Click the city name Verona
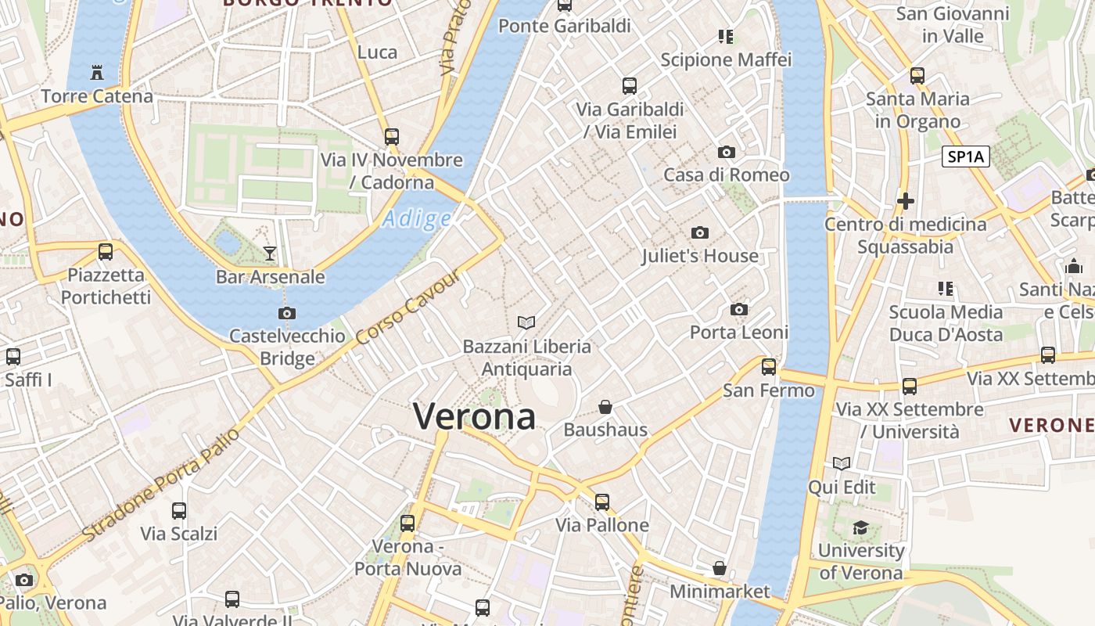(474, 416)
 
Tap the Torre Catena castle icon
(97, 73)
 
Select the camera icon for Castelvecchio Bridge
(287, 314)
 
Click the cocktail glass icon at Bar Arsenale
(270, 253)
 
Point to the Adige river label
(417, 219)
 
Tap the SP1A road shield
(966, 157)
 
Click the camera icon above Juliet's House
(700, 232)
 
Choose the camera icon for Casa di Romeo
(727, 152)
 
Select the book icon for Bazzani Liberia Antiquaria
(527, 322)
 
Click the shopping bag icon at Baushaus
(605, 407)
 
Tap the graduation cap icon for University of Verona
(860, 527)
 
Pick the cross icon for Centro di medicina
(906, 202)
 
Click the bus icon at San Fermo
(769, 366)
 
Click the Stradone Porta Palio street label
(160, 485)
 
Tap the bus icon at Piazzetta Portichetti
(106, 252)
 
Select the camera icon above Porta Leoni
(739, 310)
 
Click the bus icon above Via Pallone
(601, 502)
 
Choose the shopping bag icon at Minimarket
(720, 568)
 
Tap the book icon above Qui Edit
(842, 464)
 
